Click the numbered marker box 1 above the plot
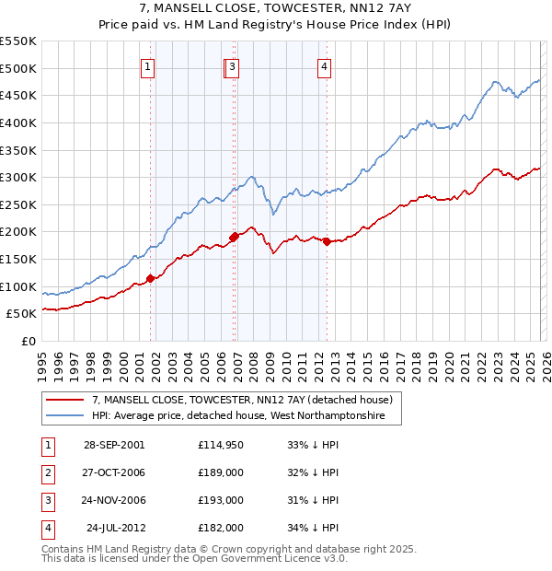148,65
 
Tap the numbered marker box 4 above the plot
325,65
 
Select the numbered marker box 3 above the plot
234,65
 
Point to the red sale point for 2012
327,241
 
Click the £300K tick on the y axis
18,177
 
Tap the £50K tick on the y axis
22,313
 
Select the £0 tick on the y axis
29,341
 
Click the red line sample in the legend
65,400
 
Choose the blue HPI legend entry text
246,416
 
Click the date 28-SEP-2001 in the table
113,444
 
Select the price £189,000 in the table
221,472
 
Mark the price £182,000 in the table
221,529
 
